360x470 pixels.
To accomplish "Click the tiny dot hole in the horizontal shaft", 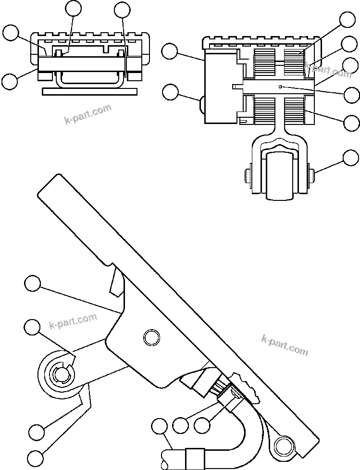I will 281,87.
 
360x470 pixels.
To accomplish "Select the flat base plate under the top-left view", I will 90,91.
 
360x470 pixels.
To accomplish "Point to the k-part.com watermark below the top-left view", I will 88,114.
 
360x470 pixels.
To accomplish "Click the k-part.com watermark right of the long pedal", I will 285,345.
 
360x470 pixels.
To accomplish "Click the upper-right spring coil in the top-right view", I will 294,60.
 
